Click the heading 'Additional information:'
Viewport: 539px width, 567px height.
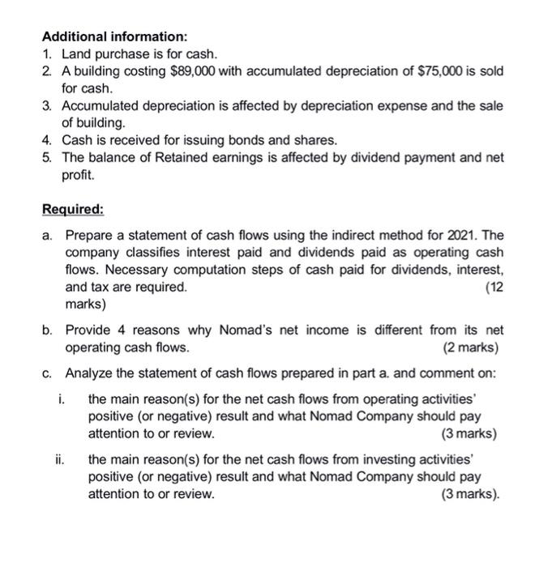(114, 37)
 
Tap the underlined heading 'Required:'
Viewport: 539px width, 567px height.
(73, 210)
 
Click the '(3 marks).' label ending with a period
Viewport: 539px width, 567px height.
(469, 493)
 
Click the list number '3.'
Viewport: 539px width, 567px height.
(48, 106)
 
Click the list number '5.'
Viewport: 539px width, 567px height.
(48, 158)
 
